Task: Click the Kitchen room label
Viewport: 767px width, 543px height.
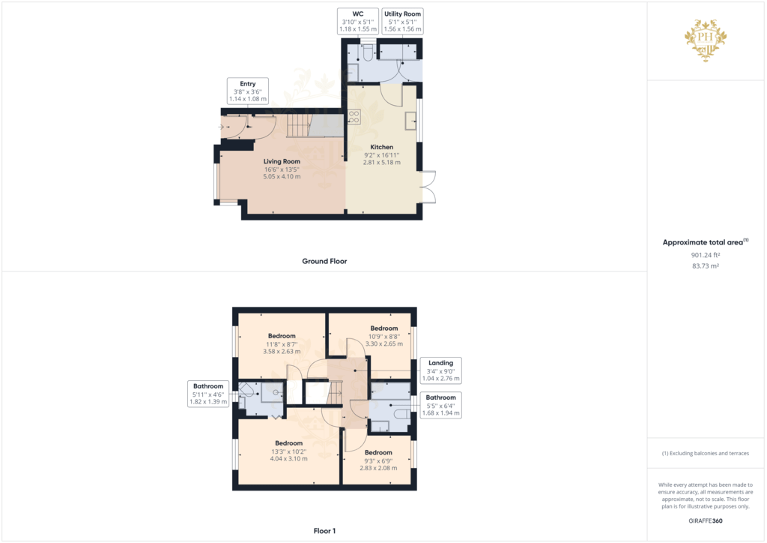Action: tap(381, 147)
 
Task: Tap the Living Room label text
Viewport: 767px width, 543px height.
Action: tap(282, 161)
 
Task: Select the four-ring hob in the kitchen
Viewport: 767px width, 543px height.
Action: tap(354, 116)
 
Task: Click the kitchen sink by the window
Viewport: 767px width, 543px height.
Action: tap(411, 121)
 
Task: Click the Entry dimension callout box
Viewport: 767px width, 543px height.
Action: tap(248, 91)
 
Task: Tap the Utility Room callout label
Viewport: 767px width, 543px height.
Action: tap(403, 21)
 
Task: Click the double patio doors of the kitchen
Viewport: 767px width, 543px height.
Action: tap(427, 186)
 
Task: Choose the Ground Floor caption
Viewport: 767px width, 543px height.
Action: tap(324, 261)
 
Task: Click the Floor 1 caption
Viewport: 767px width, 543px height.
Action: tap(324, 531)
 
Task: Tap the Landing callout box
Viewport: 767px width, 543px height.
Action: tap(440, 370)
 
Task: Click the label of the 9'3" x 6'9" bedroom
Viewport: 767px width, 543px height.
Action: tap(378, 452)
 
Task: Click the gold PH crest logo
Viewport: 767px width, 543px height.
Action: tap(706, 40)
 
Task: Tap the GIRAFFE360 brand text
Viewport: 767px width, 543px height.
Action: tap(706, 520)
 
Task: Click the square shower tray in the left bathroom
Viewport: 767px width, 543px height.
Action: tap(270, 391)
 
